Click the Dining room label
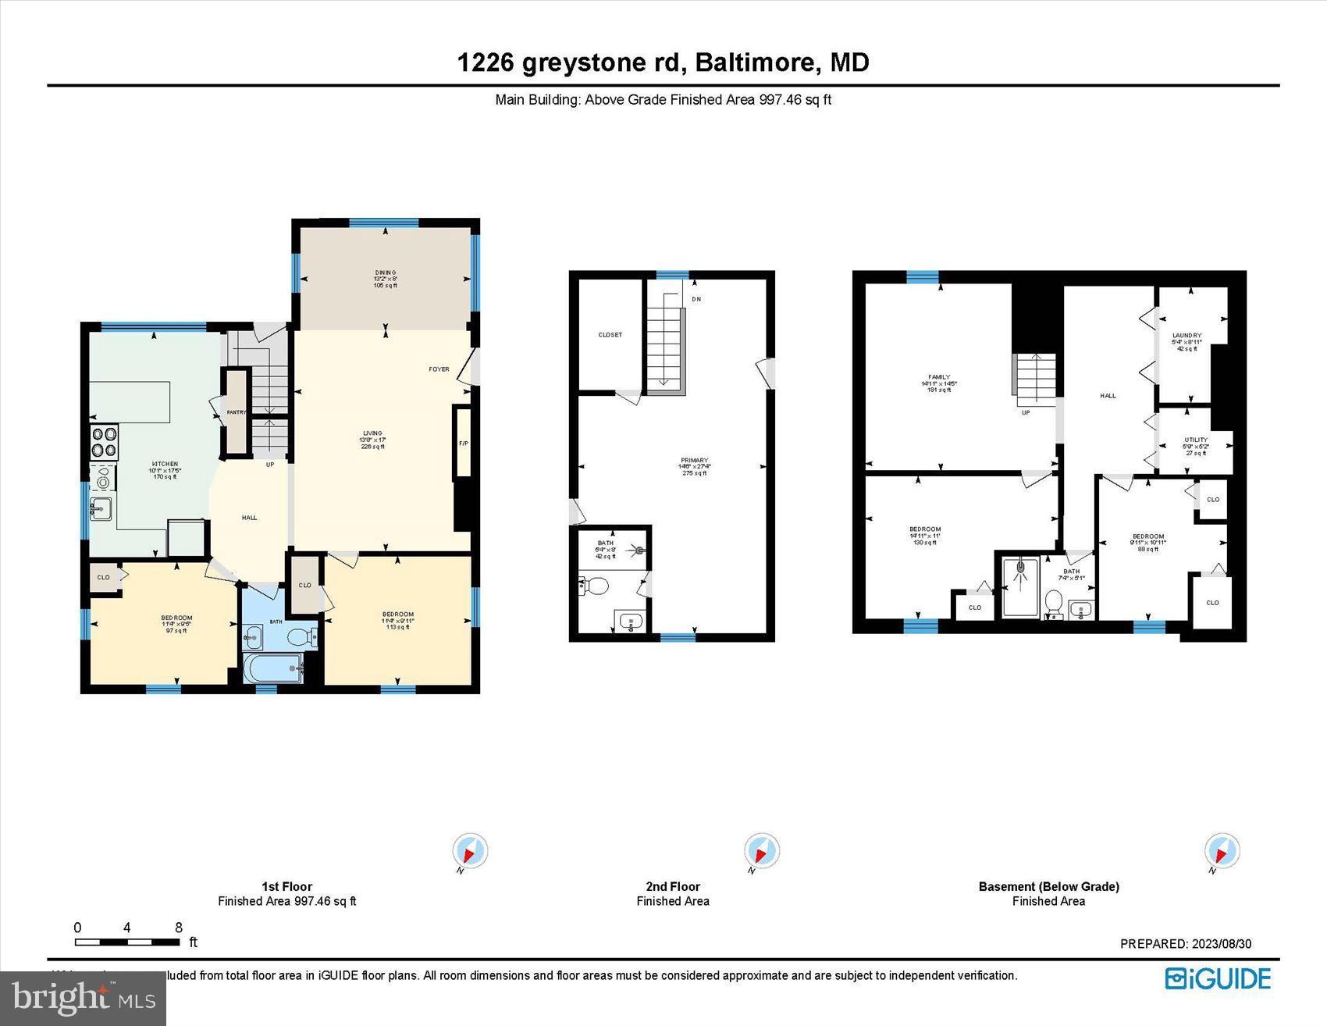[385, 273]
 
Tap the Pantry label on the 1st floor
[237, 412]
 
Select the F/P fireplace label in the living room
[463, 444]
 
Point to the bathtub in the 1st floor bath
[272, 668]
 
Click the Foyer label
[439, 369]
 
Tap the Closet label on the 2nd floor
[610, 335]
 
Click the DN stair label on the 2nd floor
[696, 299]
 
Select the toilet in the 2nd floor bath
[596, 586]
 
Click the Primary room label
[694, 461]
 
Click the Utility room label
[1195, 440]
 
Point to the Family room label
[939, 377]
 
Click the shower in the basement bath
[1021, 586]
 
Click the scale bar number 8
[179, 928]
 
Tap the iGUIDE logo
[1218, 978]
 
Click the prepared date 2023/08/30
[1221, 944]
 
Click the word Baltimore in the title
[755, 62]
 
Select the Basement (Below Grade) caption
[1048, 886]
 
